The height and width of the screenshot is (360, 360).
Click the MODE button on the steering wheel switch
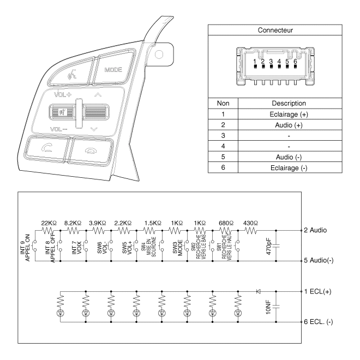coord(113,70)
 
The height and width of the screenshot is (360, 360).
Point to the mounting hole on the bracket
coord(159,55)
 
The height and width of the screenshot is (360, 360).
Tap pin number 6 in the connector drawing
coord(295,62)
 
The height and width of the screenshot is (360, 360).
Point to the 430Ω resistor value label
coord(250,223)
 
